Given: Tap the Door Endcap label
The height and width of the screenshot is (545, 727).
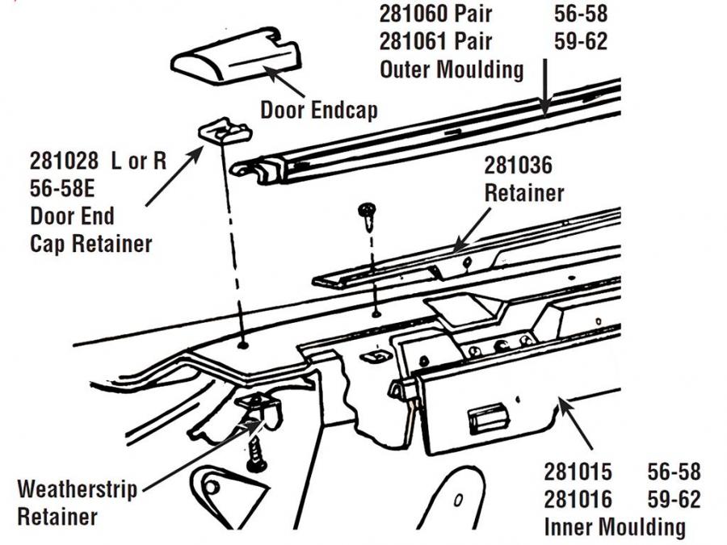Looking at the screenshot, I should [x=318, y=109].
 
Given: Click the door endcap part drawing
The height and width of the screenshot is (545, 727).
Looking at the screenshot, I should [x=235, y=61].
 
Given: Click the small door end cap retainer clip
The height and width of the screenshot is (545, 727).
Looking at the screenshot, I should [x=223, y=129].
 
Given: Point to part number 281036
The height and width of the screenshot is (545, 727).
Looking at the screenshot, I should [x=518, y=166].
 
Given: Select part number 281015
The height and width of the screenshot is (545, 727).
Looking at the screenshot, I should [x=578, y=472].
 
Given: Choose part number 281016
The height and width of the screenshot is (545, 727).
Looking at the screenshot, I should [x=578, y=499].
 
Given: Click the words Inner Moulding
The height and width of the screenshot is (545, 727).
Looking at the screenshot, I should [x=614, y=526].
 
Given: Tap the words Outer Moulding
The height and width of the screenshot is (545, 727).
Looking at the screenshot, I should [x=452, y=69].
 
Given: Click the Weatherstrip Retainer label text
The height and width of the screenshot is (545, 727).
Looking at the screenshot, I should [x=77, y=502].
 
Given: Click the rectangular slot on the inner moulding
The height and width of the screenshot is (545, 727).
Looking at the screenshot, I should [x=493, y=417].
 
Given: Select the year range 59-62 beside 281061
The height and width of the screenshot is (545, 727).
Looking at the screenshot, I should [x=581, y=40].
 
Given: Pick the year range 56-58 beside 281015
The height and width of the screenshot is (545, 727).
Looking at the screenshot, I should [x=674, y=472].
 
